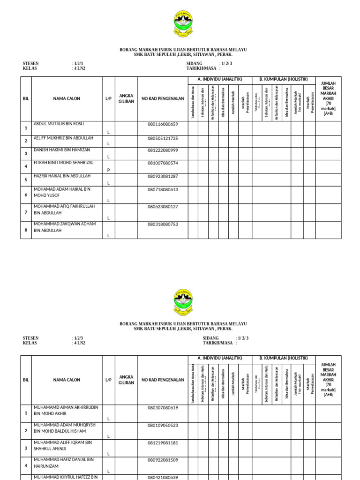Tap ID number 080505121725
(x=163, y=138)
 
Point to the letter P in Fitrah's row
(x=108, y=170)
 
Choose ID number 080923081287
(x=163, y=176)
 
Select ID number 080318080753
(x=163, y=224)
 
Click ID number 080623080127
(x=163, y=206)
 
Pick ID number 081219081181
(x=163, y=442)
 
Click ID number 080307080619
(x=163, y=408)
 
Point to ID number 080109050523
(x=163, y=425)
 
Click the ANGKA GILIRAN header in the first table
(x=127, y=98)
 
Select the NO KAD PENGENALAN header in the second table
(x=163, y=380)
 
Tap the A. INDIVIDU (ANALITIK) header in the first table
(x=219, y=79)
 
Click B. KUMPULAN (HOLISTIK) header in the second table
(x=284, y=358)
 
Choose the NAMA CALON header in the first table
(x=67, y=98)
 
